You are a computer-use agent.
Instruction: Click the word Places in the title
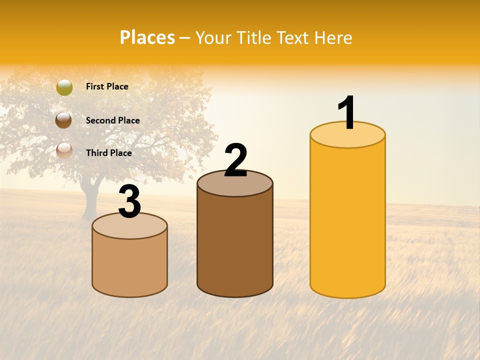[147, 37]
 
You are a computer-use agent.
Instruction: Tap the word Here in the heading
[334, 37]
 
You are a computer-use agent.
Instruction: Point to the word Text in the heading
[293, 37]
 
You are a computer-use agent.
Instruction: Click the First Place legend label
[107, 86]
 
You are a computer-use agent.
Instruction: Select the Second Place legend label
[112, 120]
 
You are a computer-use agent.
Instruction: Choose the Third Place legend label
[108, 153]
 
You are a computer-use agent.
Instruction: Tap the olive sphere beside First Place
[64, 87]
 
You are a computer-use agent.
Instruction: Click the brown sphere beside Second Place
[64, 120]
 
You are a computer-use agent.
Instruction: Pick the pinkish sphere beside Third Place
[64, 150]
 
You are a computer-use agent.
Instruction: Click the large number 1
[347, 113]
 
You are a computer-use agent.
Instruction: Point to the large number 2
[235, 160]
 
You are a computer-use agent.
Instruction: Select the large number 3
[129, 202]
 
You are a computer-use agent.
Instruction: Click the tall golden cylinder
[347, 220]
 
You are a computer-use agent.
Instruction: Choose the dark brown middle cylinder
[235, 245]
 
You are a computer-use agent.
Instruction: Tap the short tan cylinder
[129, 265]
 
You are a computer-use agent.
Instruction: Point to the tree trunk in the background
[89, 202]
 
